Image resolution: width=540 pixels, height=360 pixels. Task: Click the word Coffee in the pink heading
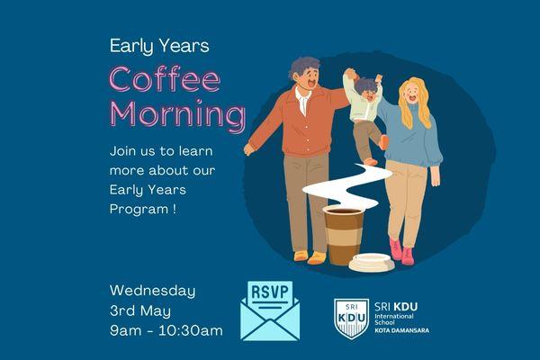click(x=165, y=81)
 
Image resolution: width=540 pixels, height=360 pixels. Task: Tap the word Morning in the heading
click(x=177, y=115)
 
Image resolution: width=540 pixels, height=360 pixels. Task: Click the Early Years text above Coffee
click(x=159, y=45)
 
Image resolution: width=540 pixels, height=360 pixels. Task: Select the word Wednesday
click(x=152, y=291)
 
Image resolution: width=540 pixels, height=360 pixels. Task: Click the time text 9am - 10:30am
click(x=166, y=330)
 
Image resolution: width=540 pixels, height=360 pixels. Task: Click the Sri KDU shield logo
click(x=351, y=318)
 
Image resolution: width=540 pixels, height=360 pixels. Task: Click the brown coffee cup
click(x=343, y=234)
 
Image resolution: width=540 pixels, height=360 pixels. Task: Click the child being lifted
click(x=366, y=117)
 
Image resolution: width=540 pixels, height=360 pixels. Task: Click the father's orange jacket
click(x=297, y=121)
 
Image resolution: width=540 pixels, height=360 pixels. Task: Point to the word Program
click(x=139, y=208)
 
